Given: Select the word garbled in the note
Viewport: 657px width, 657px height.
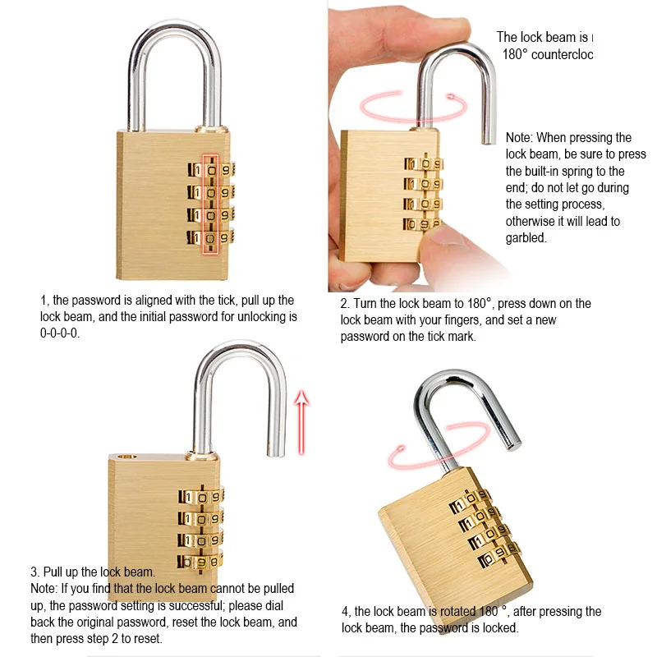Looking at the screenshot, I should pos(526,238).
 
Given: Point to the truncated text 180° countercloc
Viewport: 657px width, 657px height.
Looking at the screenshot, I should pos(547,53).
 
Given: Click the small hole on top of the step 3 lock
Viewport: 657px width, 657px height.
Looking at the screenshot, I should pos(126,453).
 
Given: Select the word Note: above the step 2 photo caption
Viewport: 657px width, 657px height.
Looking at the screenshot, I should pos(519,138).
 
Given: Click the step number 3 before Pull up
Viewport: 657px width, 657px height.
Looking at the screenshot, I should pos(34,572).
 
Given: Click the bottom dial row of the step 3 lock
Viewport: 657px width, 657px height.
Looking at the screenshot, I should pos(201,562).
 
